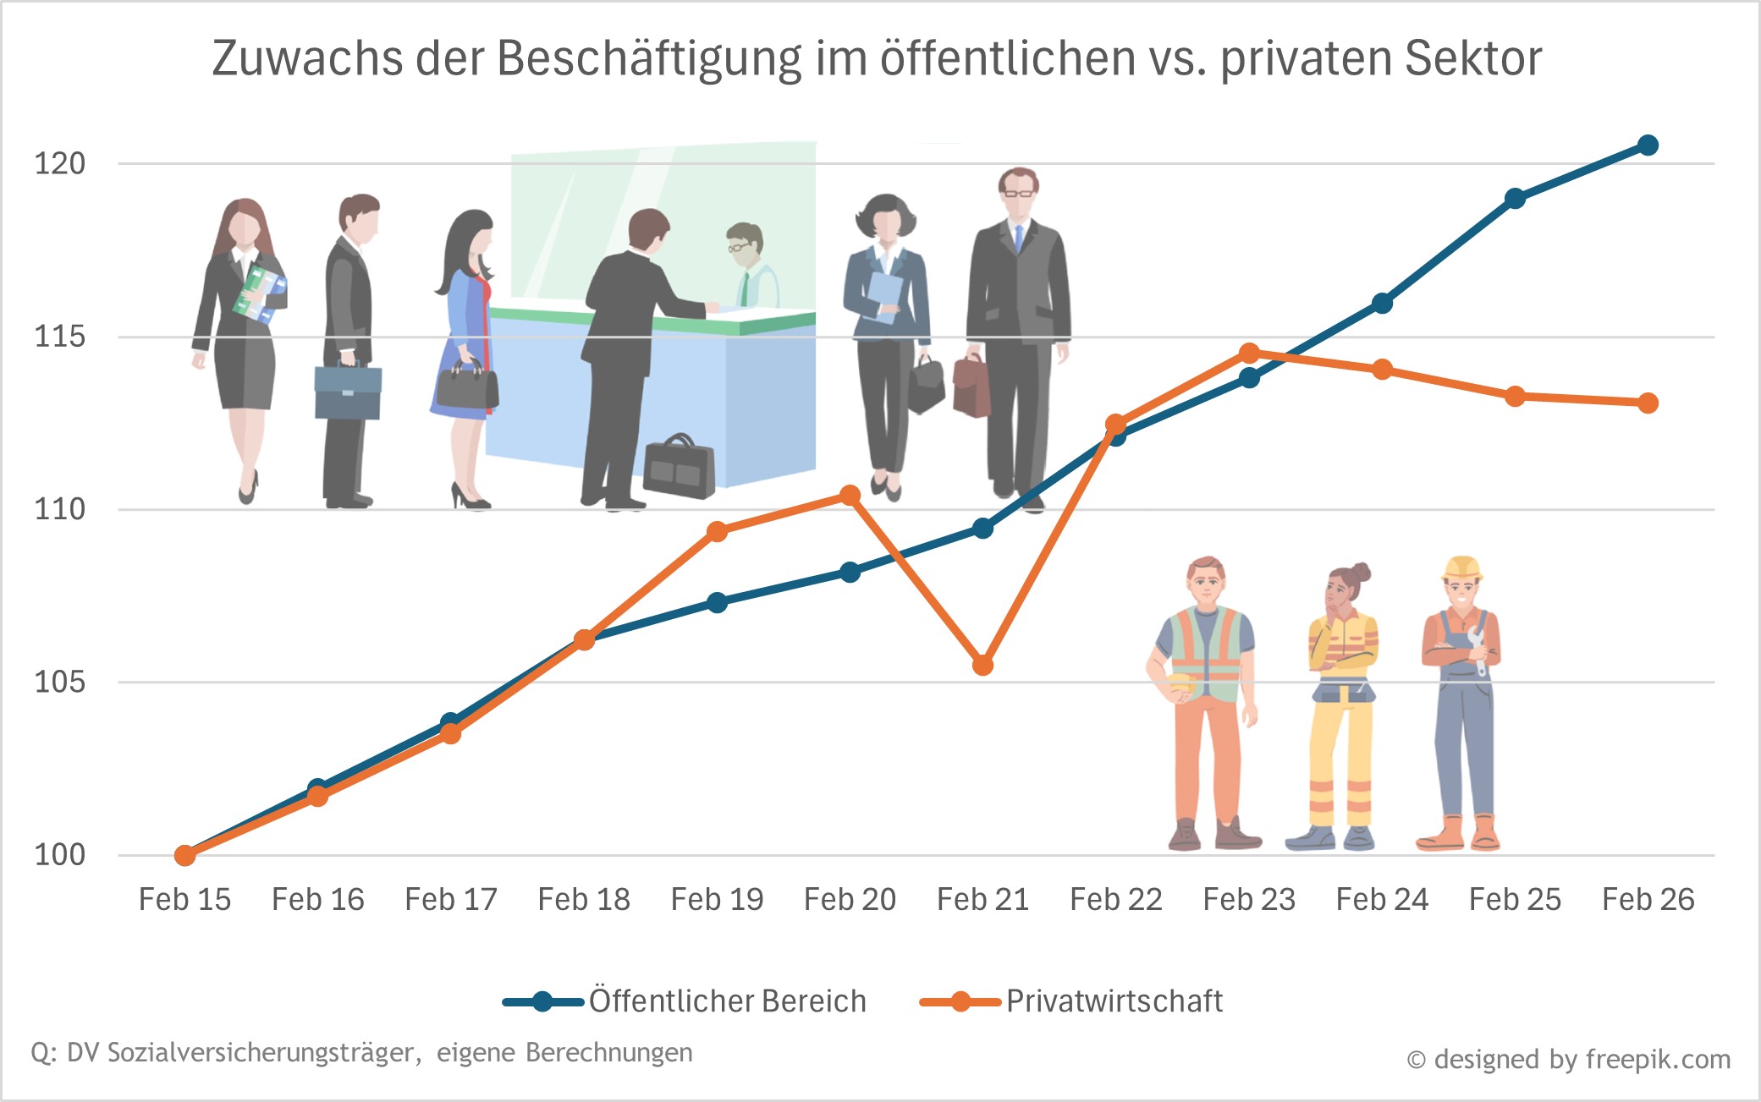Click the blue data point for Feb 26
click(1647, 145)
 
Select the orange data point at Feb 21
click(982, 666)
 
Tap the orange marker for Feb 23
click(1249, 353)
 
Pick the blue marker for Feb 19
click(717, 602)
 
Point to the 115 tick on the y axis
click(59, 337)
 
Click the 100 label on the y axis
click(59, 854)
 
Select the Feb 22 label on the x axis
click(1115, 899)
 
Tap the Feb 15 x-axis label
click(184, 899)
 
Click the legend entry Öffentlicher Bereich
click(727, 1001)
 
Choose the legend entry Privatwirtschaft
click(1113, 1001)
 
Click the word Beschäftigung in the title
click(648, 59)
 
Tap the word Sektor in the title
click(1472, 59)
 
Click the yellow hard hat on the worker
click(1462, 567)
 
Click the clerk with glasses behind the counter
click(748, 262)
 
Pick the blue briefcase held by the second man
click(348, 392)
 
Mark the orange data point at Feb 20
click(850, 496)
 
